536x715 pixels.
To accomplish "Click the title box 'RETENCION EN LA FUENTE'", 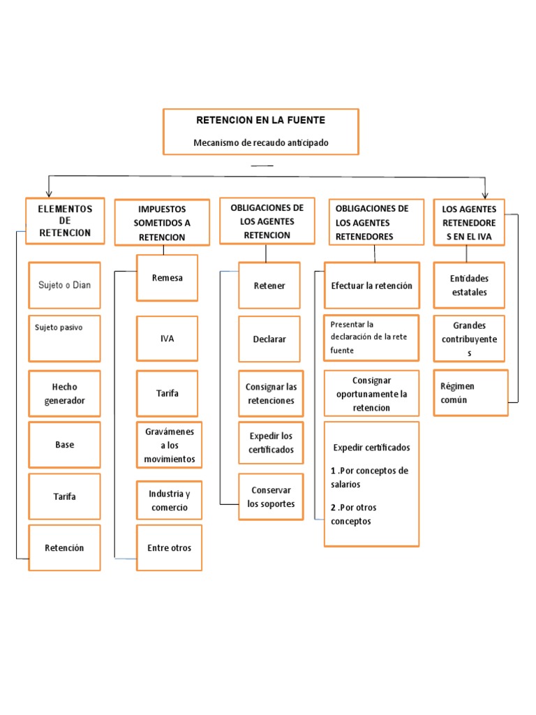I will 260,120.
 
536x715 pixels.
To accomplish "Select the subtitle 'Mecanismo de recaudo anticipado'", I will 260,143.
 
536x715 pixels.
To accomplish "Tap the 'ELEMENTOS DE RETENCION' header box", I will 65,221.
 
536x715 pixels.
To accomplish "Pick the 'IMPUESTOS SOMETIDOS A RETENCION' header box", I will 162,223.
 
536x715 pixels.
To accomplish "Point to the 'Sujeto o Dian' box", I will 64,285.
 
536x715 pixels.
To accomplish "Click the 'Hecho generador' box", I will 64,394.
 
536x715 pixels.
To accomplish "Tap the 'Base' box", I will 64,445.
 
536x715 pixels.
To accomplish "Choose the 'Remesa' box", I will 167,278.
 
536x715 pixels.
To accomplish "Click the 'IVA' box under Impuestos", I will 167,339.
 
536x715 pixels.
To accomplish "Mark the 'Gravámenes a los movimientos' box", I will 169,445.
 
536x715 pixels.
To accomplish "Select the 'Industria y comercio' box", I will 169,500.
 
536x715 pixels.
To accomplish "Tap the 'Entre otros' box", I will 169,547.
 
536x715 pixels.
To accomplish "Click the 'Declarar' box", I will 269,339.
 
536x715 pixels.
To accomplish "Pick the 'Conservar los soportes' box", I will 271,496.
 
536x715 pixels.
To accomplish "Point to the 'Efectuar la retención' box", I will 371,286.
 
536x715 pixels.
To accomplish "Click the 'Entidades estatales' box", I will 469,285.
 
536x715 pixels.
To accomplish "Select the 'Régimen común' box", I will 470,392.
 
